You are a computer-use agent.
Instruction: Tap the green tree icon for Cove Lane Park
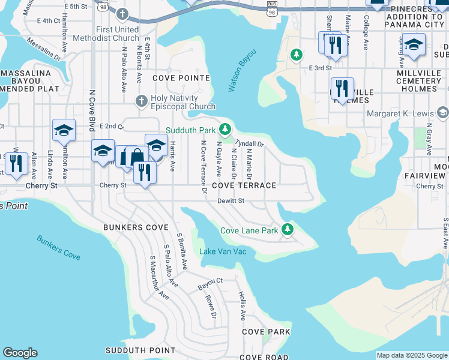[x=288, y=229]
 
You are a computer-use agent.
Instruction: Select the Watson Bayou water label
[x=242, y=70]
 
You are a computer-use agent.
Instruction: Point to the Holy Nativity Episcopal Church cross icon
[x=141, y=100]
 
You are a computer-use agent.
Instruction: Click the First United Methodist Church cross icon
[x=122, y=13]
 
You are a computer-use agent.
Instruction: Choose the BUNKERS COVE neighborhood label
[x=130, y=227]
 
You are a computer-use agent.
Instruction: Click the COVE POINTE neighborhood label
[x=181, y=78]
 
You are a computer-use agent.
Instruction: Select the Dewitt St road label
[x=231, y=201]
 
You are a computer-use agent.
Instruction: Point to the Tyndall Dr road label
[x=250, y=144]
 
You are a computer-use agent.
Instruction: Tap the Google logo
[x=20, y=353]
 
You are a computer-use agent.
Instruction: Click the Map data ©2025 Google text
[x=411, y=355]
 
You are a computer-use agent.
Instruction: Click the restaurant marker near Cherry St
[x=145, y=172]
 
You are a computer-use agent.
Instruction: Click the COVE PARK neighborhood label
[x=266, y=332]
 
